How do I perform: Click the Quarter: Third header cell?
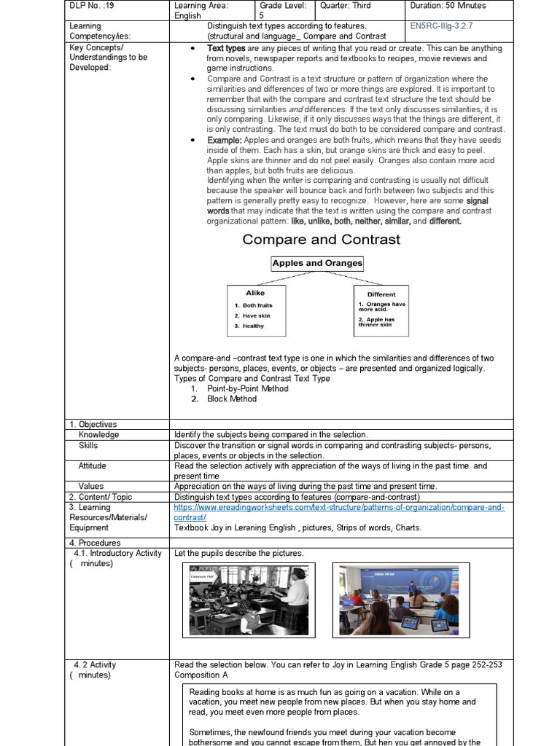[345, 6]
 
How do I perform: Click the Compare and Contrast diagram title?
[321, 240]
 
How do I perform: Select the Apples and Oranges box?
[317, 264]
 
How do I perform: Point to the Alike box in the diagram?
[255, 310]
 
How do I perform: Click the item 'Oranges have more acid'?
[381, 306]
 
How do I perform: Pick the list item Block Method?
[232, 399]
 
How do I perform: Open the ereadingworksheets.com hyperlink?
[339, 512]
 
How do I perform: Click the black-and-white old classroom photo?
[248, 600]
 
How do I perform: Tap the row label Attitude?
[92, 466]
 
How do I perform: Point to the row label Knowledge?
[98, 435]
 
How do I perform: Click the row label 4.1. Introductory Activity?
[117, 554]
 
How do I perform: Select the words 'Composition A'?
[202, 675]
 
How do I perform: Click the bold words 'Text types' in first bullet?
[226, 48]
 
